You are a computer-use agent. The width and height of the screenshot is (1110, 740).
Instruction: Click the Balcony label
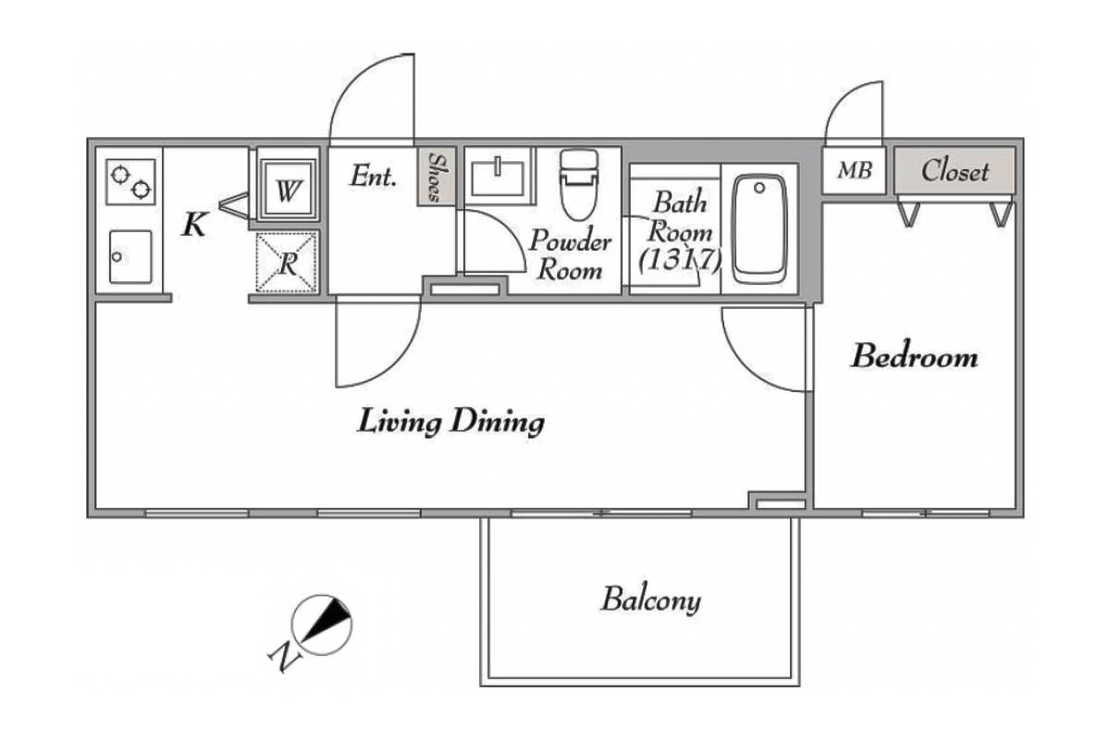click(651, 600)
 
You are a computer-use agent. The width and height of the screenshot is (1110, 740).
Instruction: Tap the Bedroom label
click(915, 357)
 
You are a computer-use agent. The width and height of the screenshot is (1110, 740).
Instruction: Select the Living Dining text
click(451, 423)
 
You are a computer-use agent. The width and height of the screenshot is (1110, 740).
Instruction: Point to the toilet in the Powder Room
click(579, 184)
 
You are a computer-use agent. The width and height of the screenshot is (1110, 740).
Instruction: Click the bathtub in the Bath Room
click(759, 229)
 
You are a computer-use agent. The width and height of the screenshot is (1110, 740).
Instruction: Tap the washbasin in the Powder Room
click(498, 176)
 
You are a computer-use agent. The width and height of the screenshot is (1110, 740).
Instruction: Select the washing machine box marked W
click(288, 190)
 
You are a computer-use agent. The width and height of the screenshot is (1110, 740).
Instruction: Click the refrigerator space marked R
click(287, 262)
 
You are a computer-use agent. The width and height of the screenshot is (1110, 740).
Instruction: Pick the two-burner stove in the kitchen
click(130, 182)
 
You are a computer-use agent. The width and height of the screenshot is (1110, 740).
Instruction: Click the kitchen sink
click(130, 257)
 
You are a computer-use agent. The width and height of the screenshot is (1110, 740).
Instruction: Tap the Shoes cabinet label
click(436, 177)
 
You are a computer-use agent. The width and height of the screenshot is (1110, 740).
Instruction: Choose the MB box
click(855, 171)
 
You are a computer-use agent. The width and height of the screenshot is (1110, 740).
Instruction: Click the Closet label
click(955, 171)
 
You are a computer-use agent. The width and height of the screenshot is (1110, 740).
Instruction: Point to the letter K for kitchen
click(194, 225)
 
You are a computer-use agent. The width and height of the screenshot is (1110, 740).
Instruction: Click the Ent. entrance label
click(374, 176)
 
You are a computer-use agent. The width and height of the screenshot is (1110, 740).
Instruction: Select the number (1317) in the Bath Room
click(680, 260)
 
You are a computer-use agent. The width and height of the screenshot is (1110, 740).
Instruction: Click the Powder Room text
click(570, 255)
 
